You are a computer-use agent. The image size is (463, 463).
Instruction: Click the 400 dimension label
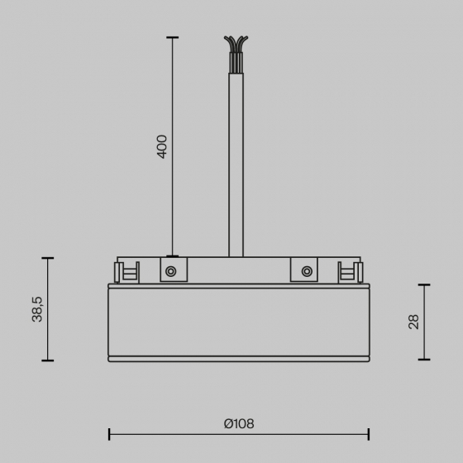pos(161,147)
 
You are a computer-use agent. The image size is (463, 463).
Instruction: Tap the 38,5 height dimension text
pos(37,309)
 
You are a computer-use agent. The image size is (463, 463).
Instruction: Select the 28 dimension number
pos(413,322)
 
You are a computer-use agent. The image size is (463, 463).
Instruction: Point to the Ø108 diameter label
pos(239,423)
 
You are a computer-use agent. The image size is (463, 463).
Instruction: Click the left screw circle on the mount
pos(171,271)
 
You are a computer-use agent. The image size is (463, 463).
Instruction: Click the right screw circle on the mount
pos(307,271)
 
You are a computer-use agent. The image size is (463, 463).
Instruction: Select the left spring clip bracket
pos(126,272)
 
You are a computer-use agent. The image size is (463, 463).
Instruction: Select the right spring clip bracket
pos(351,272)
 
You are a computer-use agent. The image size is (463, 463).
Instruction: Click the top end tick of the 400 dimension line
pos(173,37)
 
